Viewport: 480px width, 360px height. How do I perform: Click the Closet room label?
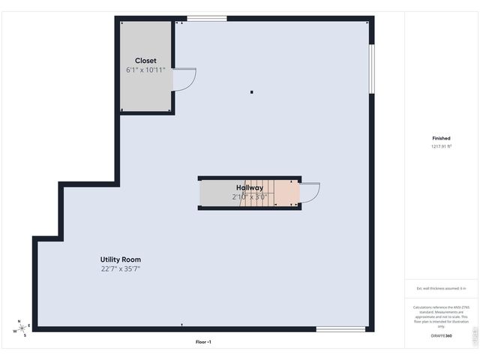point(145,61)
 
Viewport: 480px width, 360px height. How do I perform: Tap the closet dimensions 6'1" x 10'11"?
point(145,70)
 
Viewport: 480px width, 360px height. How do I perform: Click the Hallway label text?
point(249,187)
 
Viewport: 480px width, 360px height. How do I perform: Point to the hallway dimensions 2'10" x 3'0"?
point(250,196)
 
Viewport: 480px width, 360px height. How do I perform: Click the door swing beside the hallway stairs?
point(310,193)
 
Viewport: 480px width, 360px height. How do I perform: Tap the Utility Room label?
point(121,259)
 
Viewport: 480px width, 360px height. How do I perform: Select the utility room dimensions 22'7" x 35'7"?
point(121,268)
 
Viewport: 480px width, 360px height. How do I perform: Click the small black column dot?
point(252,92)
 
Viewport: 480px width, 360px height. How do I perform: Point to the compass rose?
point(22,328)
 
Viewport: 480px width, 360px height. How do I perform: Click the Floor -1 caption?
point(203,342)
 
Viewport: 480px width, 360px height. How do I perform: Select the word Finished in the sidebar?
point(441,138)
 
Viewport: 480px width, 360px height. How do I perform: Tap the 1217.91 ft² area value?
point(441,147)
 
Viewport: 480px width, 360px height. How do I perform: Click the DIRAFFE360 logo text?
point(441,336)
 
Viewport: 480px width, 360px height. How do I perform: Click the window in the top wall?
point(207,19)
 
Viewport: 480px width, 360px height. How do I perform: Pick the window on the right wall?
point(371,69)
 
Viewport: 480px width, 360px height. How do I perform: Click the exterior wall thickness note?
point(441,288)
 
